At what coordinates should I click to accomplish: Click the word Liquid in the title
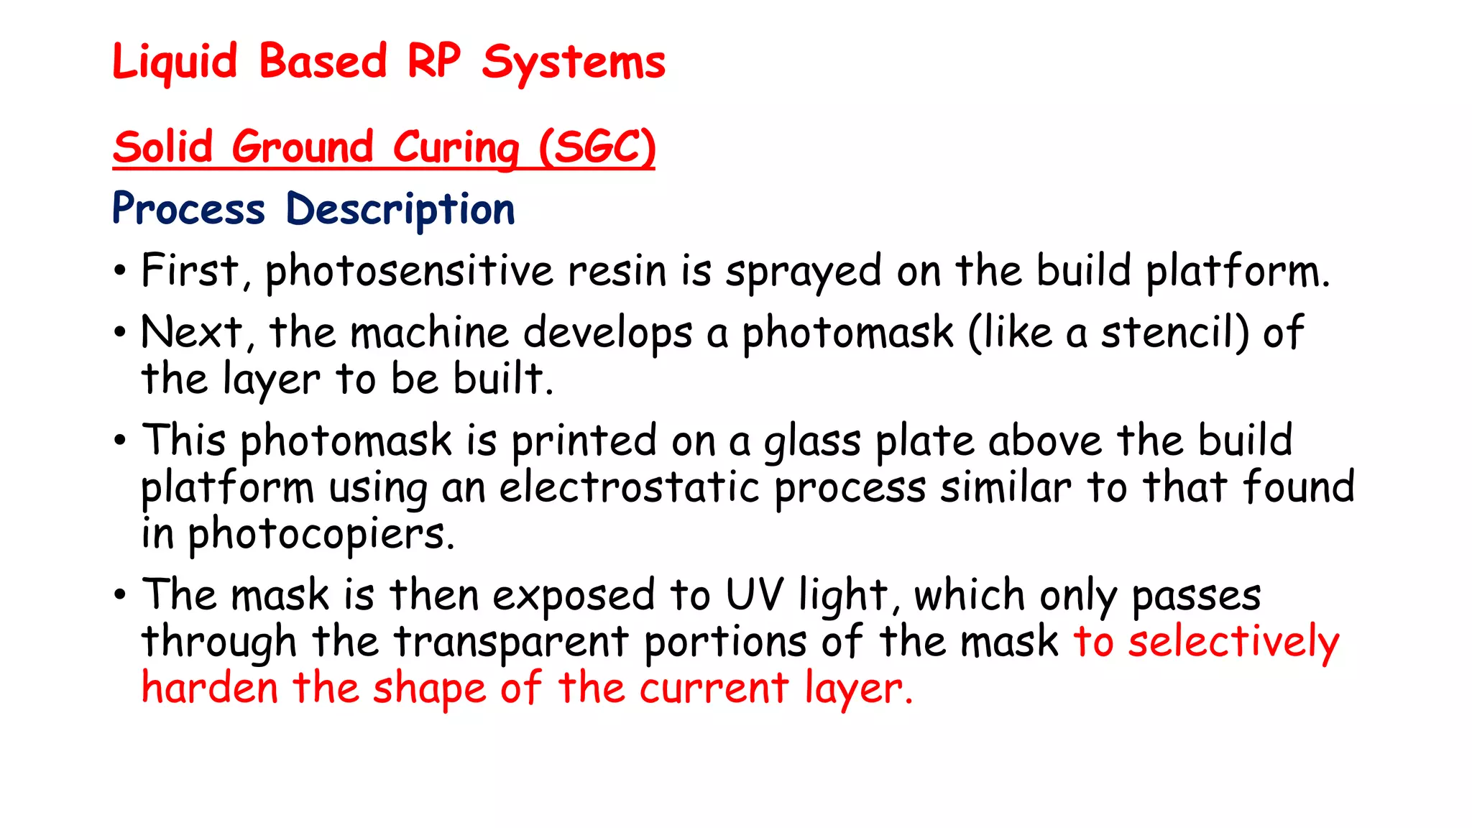(x=175, y=62)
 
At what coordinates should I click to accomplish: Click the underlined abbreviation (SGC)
(x=597, y=147)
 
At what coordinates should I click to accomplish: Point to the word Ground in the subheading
(x=303, y=147)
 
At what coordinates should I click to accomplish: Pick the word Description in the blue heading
(x=400, y=210)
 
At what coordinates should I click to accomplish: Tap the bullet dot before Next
(x=120, y=333)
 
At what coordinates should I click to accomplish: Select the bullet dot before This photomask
(x=120, y=441)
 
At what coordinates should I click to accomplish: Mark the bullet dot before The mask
(x=120, y=595)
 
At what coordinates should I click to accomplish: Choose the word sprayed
(x=803, y=273)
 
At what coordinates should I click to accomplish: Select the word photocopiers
(x=321, y=535)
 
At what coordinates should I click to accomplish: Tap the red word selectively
(x=1233, y=642)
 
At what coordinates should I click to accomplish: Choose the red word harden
(x=209, y=688)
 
